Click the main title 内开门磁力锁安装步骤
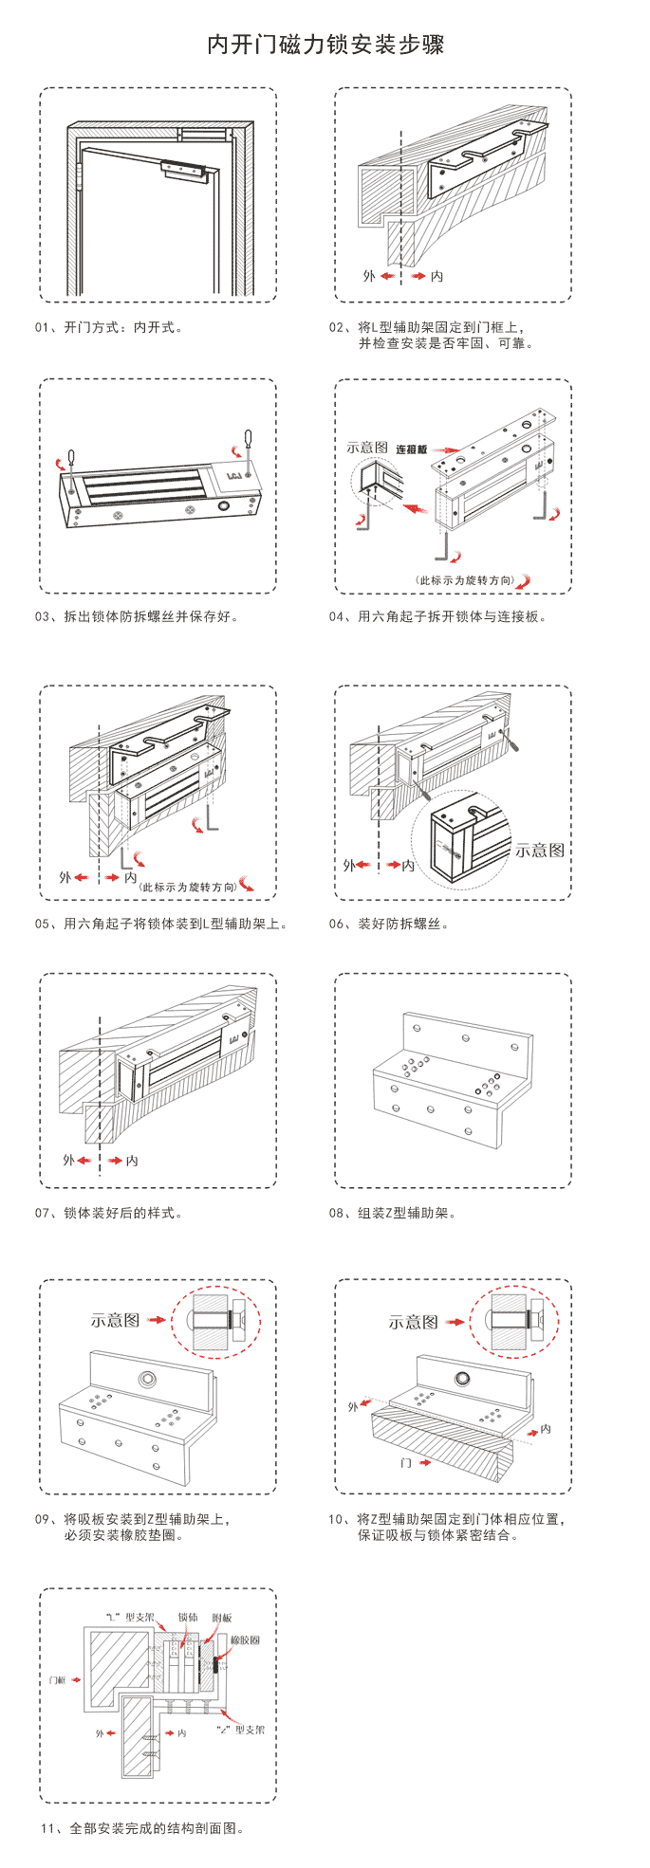[325, 45]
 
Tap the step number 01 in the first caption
[43, 327]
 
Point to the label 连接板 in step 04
[412, 449]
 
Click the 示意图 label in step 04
[367, 447]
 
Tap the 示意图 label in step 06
[539, 850]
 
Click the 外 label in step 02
[369, 276]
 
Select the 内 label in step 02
[436, 276]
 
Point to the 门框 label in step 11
[57, 1679]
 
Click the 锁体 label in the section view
[187, 1618]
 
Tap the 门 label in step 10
[406, 1463]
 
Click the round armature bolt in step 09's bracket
[147, 1379]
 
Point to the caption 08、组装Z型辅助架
[393, 1213]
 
